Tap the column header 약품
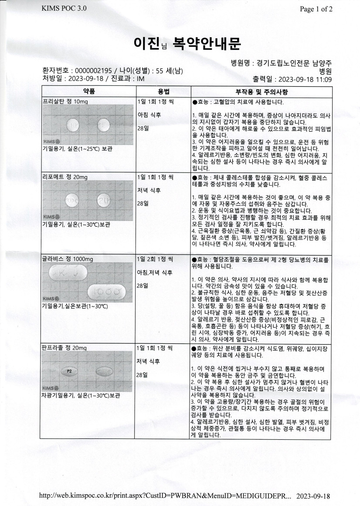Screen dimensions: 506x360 pos(89,92)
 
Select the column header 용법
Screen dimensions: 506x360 pos(163,92)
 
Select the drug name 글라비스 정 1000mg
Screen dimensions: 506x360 pos(68,259)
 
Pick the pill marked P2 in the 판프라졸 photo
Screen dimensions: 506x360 pos(69,372)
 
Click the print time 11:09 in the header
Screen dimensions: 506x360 pos(323,79)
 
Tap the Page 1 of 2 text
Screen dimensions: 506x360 pos(316,9)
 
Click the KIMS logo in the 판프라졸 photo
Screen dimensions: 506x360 pos(51,388)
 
